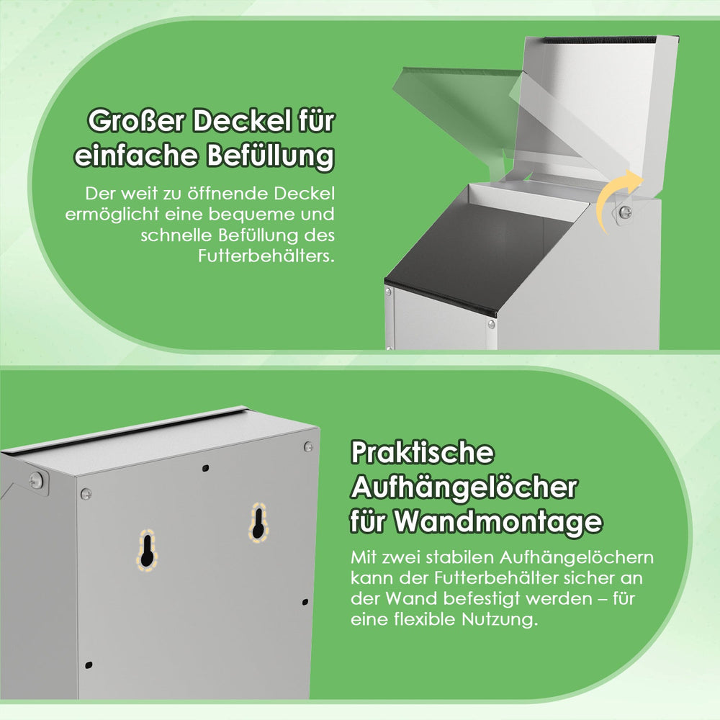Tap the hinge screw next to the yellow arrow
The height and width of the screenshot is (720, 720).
coord(626,212)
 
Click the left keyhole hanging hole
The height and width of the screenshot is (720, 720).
coord(147,551)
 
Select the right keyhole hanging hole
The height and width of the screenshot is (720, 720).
coord(258,523)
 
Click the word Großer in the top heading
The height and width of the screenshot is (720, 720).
coord(136,121)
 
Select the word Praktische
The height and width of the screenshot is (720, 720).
coord(422,453)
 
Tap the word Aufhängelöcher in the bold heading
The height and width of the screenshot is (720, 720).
coord(464,487)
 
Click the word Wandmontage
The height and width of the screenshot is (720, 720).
coord(499,521)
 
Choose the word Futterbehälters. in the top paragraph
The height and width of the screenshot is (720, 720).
coord(266,256)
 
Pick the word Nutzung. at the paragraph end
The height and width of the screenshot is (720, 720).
coord(500,619)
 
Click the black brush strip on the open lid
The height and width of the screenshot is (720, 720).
coord(599,40)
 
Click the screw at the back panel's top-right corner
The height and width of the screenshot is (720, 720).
coord(309,446)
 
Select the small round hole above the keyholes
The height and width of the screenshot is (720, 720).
coord(206,469)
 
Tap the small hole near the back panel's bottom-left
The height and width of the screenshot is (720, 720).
coord(89,665)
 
